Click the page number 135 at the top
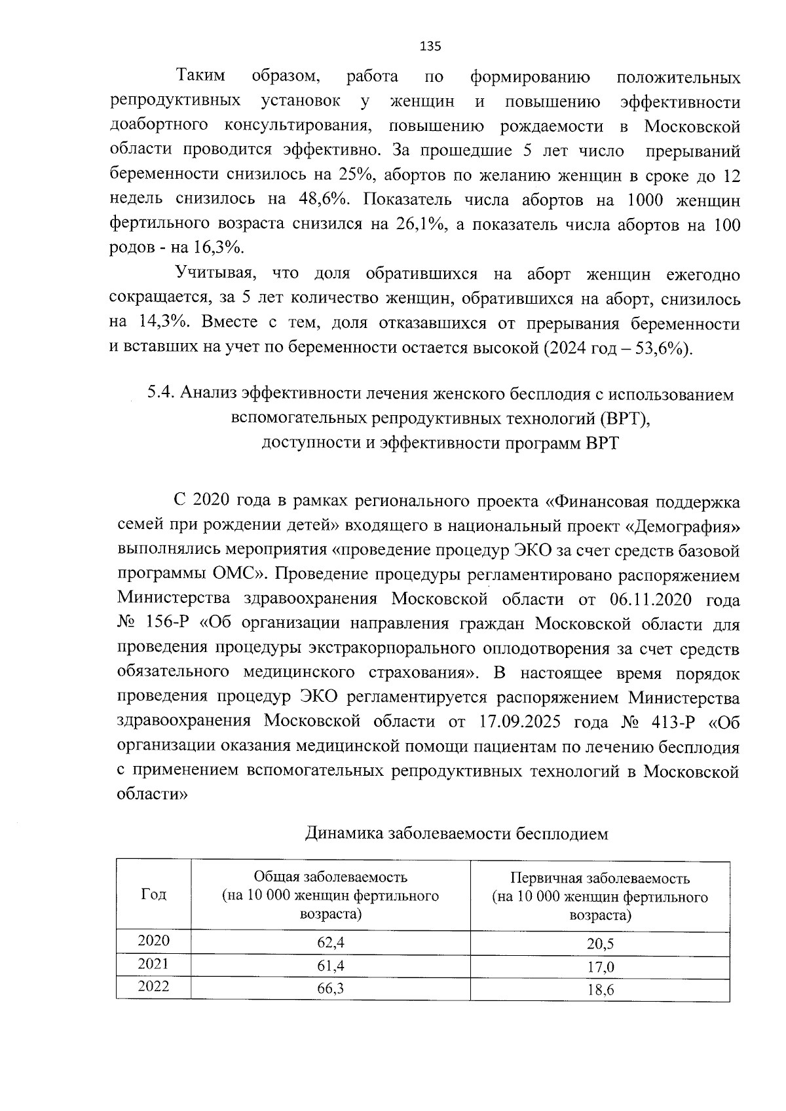pos(430,46)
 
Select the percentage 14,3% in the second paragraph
pos(164,323)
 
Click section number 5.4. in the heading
pos(160,393)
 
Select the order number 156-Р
pos(166,624)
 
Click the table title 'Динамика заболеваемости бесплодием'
pos(457,833)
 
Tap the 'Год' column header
pos(153,894)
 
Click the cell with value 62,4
pos(330,942)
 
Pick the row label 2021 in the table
pos(153,964)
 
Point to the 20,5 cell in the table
pos(600,944)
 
